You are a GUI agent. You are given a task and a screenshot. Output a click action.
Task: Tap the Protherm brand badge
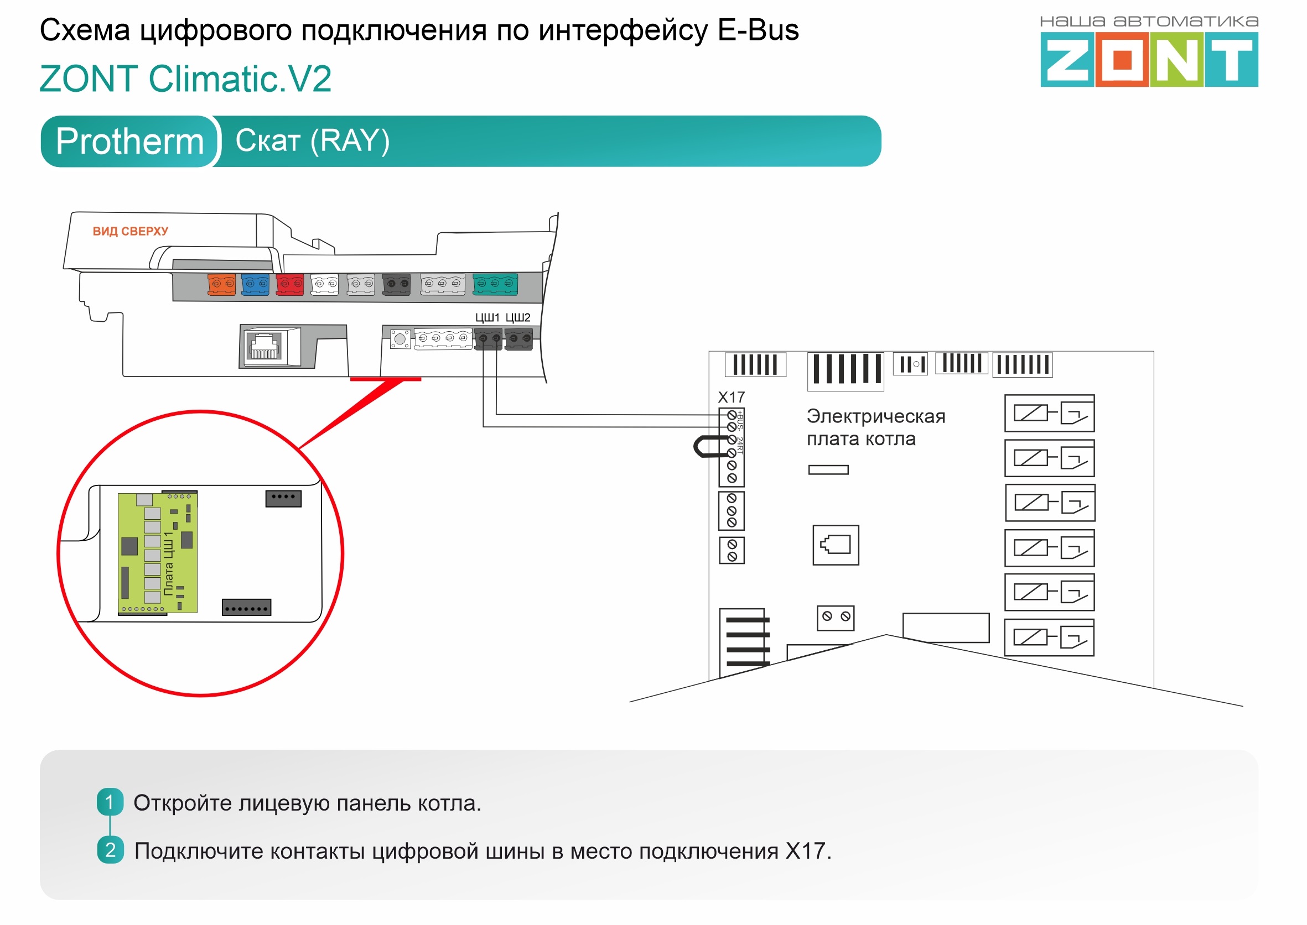pyautogui.click(x=130, y=141)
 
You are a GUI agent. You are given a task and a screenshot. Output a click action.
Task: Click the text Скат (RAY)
pyautogui.click(x=312, y=140)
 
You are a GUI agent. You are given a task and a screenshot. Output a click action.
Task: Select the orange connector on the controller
pyautogui.click(x=222, y=284)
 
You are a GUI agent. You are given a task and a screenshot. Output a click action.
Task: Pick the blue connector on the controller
pyautogui.click(x=255, y=284)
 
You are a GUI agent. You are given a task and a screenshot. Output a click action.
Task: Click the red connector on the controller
pyautogui.click(x=289, y=284)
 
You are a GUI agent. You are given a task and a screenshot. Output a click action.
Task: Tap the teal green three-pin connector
pyautogui.click(x=495, y=284)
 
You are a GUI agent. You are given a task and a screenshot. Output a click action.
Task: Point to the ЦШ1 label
pyautogui.click(x=487, y=317)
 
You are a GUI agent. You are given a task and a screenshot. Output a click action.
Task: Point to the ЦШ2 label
pyautogui.click(x=517, y=317)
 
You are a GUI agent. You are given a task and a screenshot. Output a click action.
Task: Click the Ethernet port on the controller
pyautogui.click(x=264, y=346)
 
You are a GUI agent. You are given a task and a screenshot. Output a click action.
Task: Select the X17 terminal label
pyautogui.click(x=731, y=397)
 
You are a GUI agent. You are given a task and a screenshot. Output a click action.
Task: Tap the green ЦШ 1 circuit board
pyautogui.click(x=157, y=553)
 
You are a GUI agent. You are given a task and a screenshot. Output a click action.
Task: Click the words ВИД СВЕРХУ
pyautogui.click(x=131, y=231)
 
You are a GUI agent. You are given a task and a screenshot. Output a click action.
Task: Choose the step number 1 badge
pyautogui.click(x=110, y=802)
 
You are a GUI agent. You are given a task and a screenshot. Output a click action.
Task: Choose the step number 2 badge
pyautogui.click(x=110, y=850)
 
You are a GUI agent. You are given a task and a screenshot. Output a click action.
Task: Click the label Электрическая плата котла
pyautogui.click(x=875, y=427)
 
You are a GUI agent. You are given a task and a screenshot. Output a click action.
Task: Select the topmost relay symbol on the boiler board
pyautogui.click(x=1049, y=413)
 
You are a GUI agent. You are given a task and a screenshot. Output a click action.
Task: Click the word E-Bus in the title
pyautogui.click(x=758, y=30)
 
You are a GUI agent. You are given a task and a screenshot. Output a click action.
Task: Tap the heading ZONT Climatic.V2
pyautogui.click(x=185, y=79)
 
